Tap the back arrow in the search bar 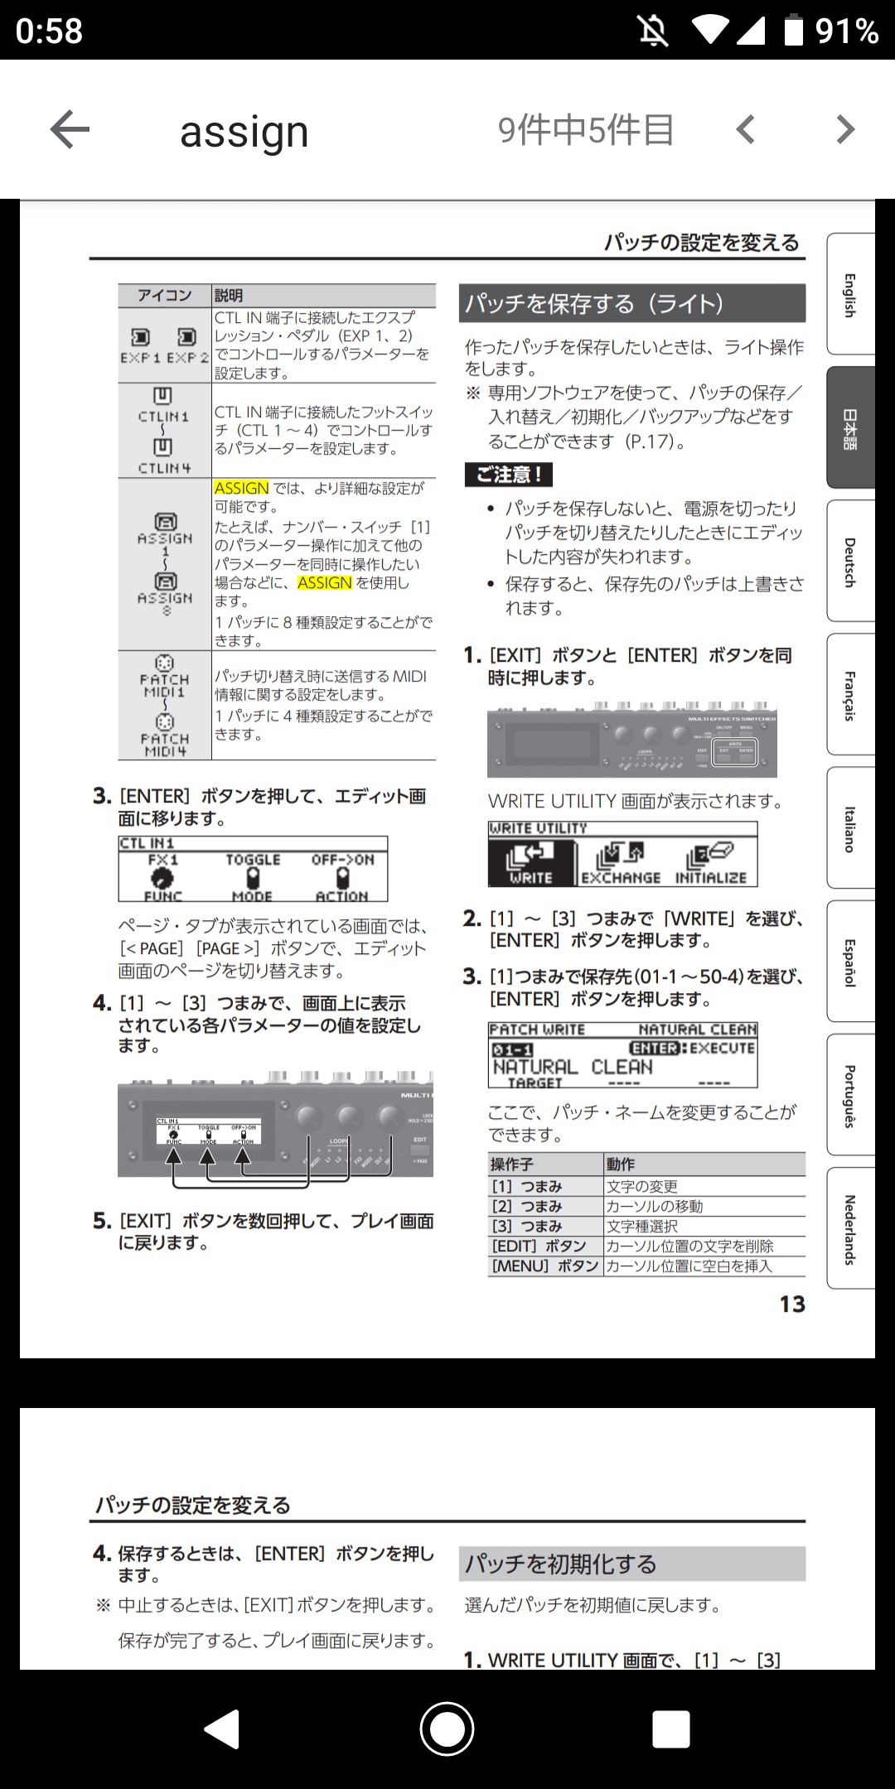click(x=70, y=130)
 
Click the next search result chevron click(x=844, y=130)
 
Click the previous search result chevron click(x=746, y=130)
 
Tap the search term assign click(x=244, y=132)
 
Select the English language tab click(x=850, y=295)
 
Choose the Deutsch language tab click(x=850, y=562)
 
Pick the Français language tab click(x=850, y=696)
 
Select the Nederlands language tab click(x=850, y=1229)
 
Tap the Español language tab click(x=850, y=962)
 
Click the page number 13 click(x=791, y=1304)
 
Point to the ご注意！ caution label click(x=508, y=475)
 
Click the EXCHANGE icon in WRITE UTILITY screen click(x=621, y=862)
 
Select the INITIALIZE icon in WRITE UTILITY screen click(x=710, y=862)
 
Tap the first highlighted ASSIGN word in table click(x=241, y=488)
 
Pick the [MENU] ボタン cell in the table click(x=545, y=1266)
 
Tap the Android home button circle click(x=447, y=1729)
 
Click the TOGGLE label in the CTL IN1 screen click(x=253, y=861)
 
